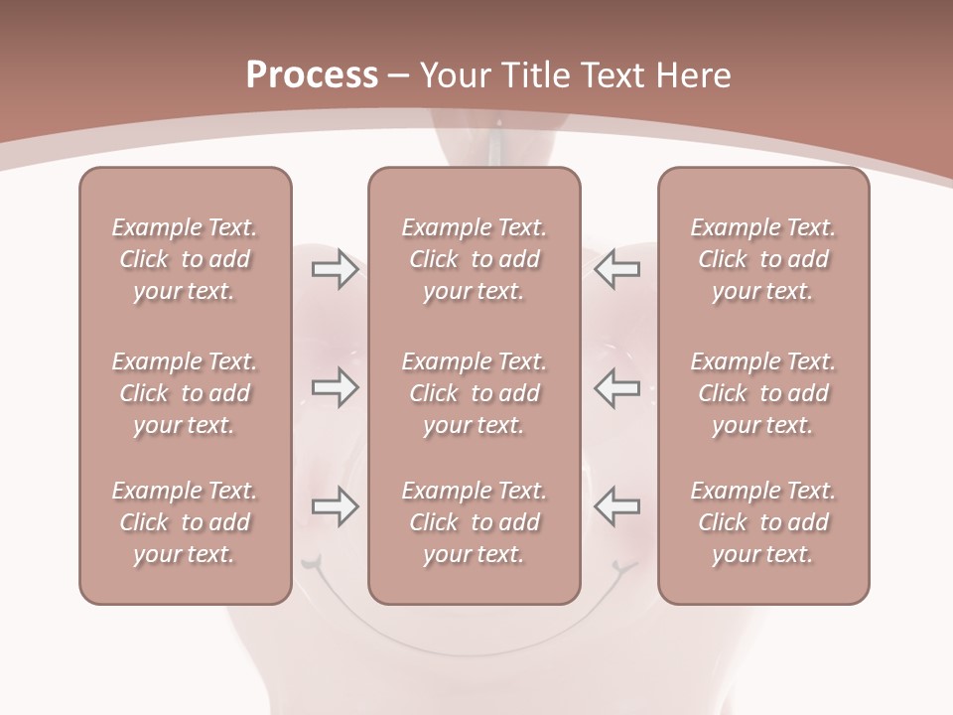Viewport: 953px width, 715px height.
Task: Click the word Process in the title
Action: [312, 75]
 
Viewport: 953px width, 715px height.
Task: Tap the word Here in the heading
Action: [693, 75]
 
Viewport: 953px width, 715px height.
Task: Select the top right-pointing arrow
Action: [335, 269]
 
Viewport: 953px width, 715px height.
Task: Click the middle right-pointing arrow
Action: [335, 387]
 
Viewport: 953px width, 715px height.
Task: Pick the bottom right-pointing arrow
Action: [335, 506]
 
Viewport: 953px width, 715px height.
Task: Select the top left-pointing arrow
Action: [617, 269]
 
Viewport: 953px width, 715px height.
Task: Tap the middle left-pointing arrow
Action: [617, 387]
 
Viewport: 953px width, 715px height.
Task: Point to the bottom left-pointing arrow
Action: [617, 506]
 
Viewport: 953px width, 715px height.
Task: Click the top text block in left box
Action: [185, 259]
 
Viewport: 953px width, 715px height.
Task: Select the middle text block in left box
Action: [185, 393]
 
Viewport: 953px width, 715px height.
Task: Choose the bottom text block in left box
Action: [185, 522]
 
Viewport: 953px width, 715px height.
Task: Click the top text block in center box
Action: [475, 259]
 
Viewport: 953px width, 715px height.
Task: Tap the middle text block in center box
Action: [475, 393]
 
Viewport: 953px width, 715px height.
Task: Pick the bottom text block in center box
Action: [475, 522]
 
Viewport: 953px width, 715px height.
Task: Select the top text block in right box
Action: [763, 259]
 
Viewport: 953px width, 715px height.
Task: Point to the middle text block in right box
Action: [763, 393]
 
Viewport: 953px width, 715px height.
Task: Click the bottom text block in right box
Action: [763, 522]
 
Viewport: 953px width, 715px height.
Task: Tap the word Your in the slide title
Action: [452, 75]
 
